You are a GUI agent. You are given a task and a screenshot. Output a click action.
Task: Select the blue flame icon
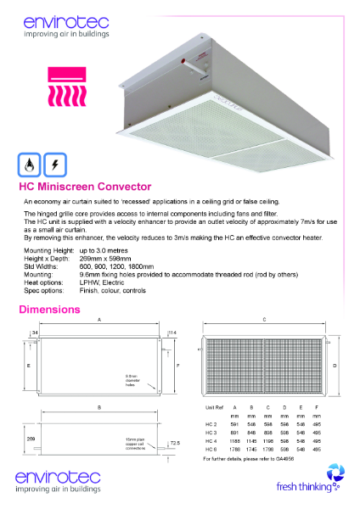[x=31, y=164]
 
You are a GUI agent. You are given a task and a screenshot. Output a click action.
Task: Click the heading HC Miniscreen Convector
[x=85, y=187]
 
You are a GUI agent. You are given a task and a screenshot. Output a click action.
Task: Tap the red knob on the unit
[x=182, y=64]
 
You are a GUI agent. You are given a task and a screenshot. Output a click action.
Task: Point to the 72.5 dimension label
[x=174, y=443]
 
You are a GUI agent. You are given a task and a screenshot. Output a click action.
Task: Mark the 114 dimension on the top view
[x=173, y=331]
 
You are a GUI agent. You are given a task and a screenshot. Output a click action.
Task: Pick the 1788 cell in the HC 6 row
[x=235, y=450]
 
